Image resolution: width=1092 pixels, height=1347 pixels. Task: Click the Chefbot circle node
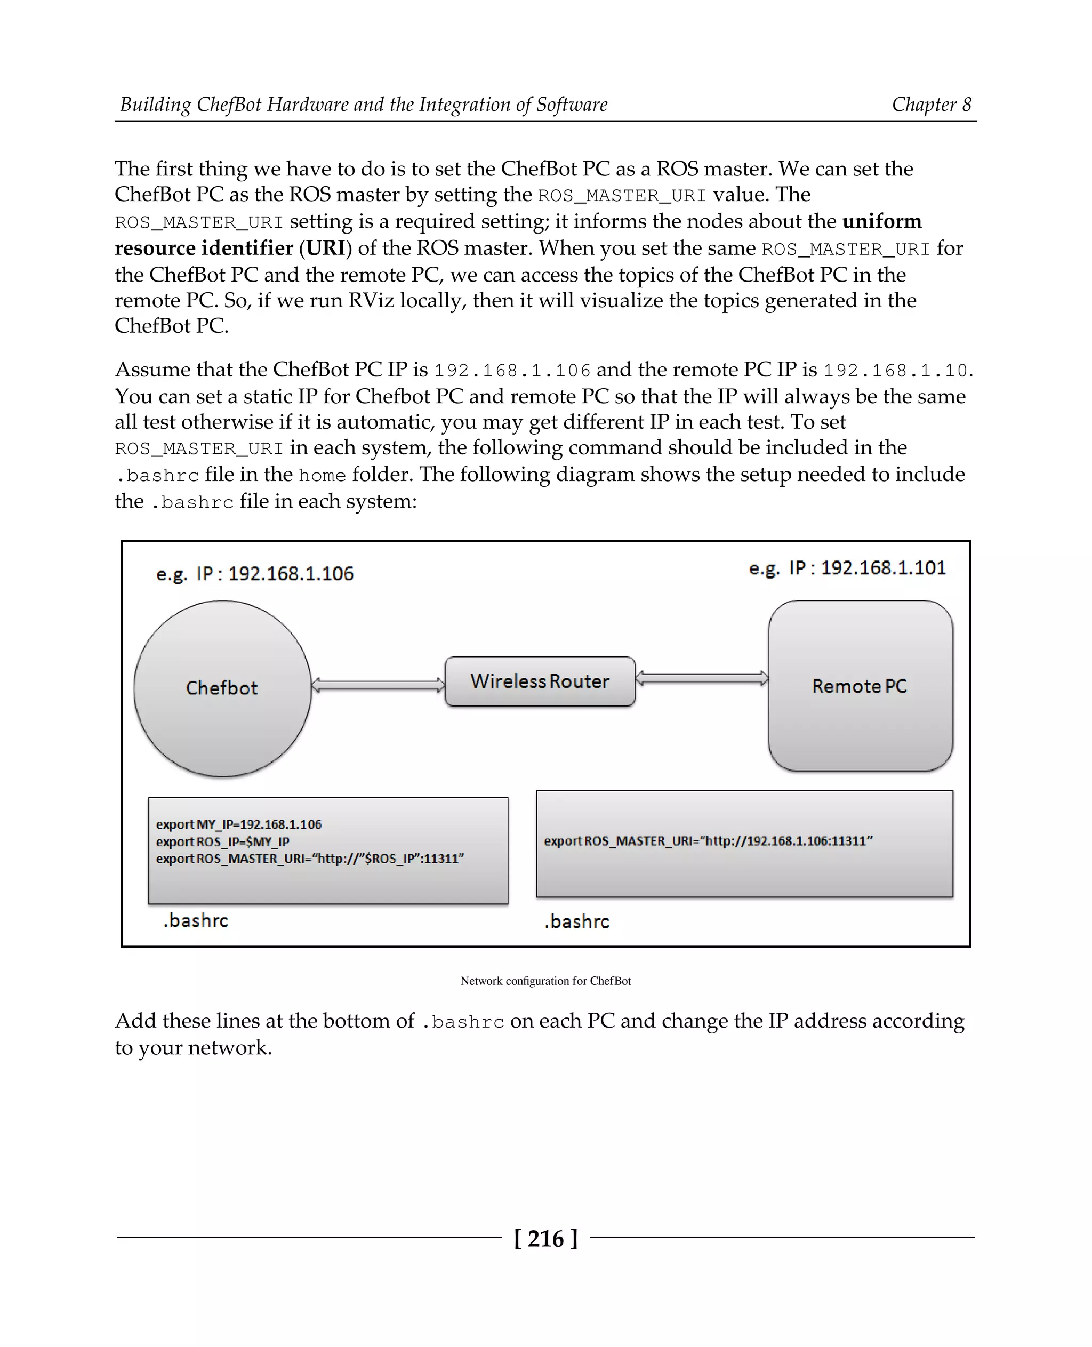coord(222,688)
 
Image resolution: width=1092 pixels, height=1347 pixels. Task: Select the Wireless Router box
coord(540,681)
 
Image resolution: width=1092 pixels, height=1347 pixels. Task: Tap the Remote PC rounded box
coord(860,686)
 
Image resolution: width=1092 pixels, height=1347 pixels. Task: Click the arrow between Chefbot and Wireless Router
coord(378,685)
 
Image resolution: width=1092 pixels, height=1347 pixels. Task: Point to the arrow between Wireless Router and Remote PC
coord(701,678)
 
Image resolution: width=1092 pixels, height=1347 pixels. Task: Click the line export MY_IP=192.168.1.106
coord(238,824)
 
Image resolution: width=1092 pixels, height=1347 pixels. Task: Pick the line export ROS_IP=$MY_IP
coord(223,842)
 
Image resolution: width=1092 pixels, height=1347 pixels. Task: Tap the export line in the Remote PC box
coord(708,841)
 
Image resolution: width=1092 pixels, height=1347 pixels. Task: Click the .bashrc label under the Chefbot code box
coord(196,921)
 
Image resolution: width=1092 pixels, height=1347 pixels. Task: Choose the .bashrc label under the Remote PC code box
coord(577,921)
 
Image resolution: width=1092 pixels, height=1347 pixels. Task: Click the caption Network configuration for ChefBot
coord(545,981)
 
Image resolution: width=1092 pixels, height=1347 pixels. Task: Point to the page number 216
coord(545,1238)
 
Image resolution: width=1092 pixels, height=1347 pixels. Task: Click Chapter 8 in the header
coord(931,105)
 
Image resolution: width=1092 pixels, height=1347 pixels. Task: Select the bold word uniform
coord(882,221)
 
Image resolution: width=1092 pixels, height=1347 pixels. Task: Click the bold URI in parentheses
coord(326,248)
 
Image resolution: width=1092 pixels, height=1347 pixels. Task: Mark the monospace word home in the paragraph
coord(322,475)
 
